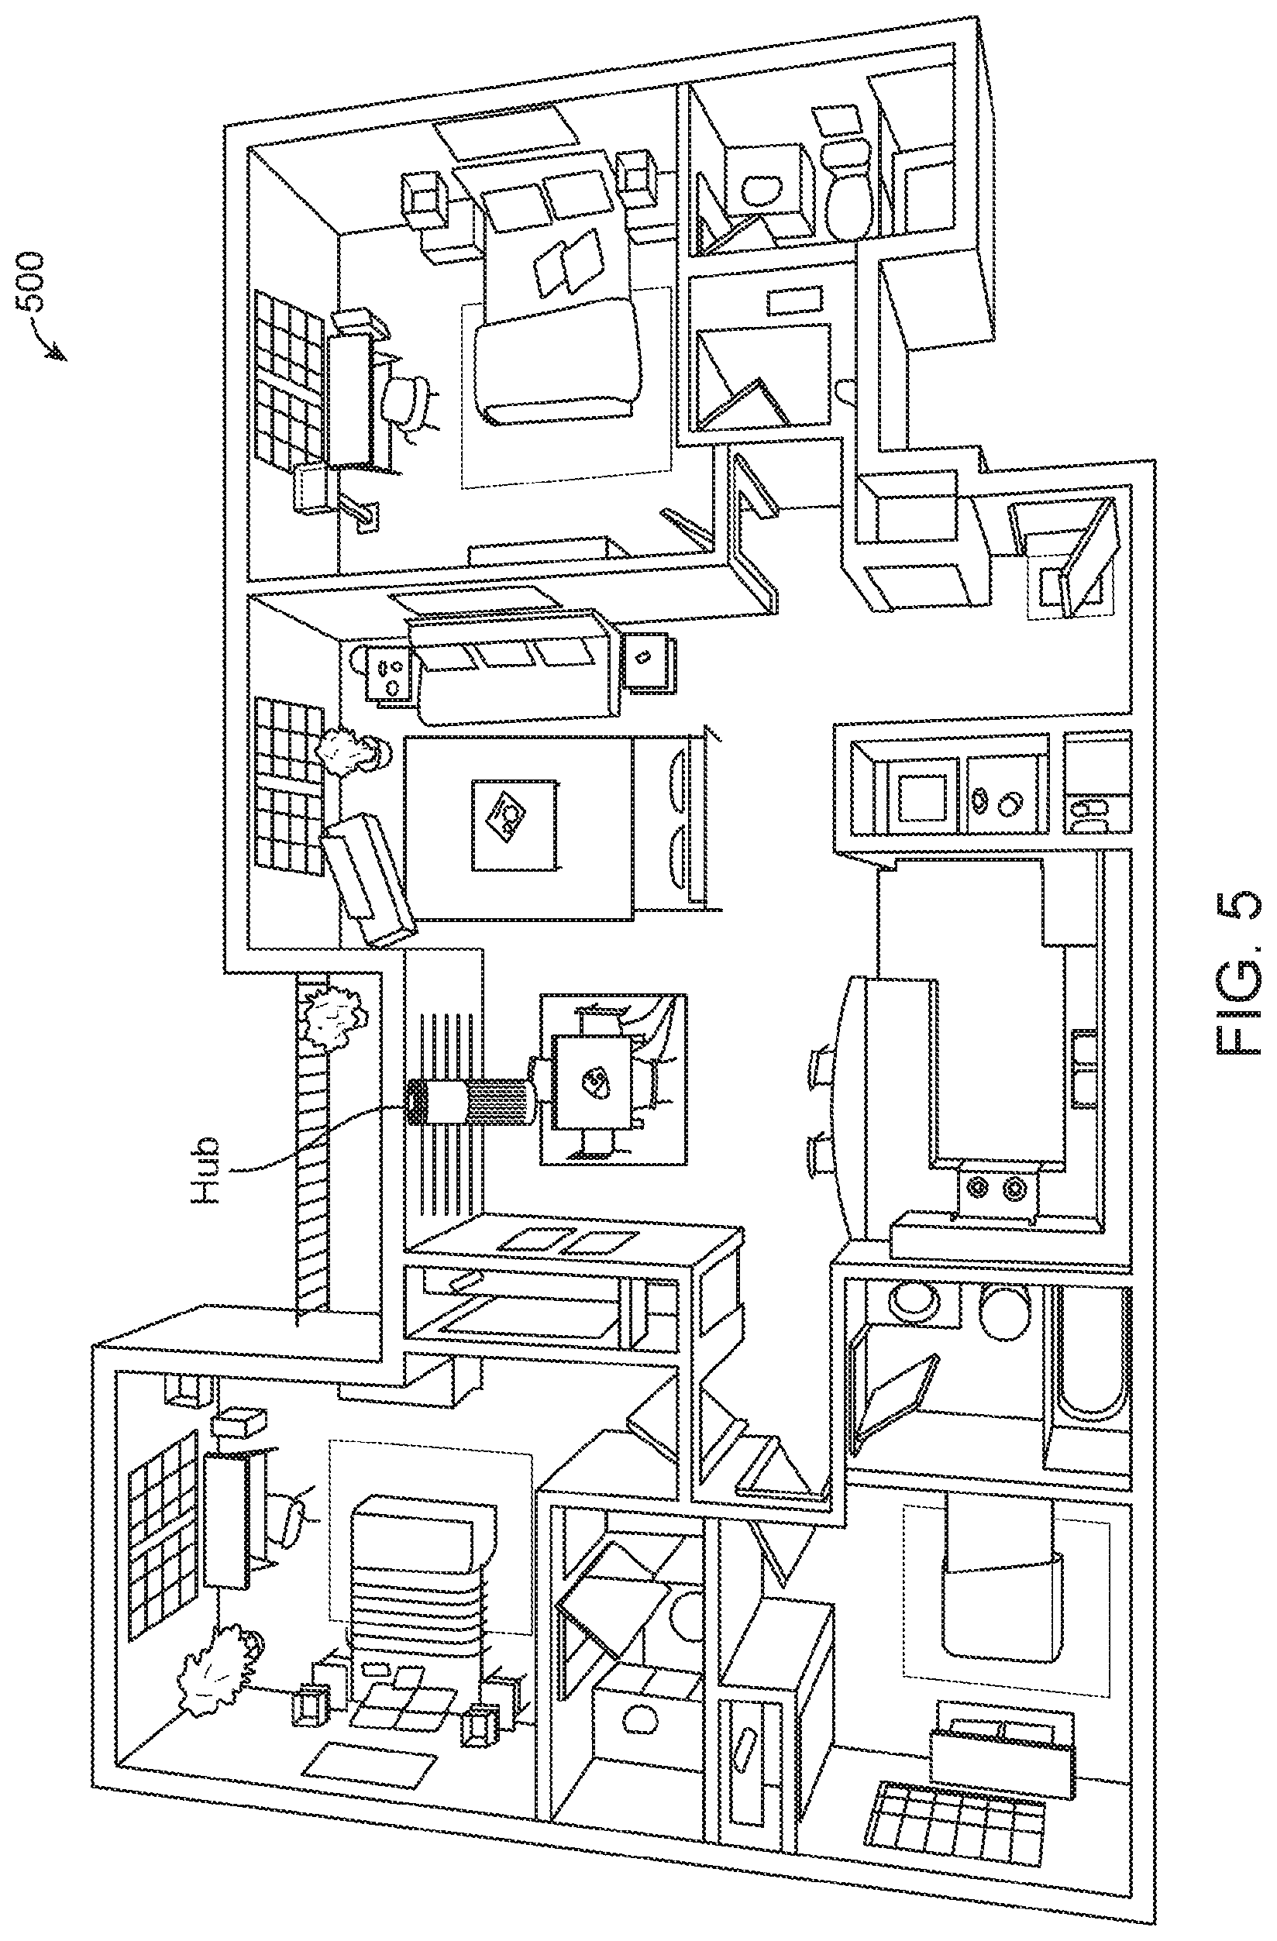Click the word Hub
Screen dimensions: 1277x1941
coord(205,1170)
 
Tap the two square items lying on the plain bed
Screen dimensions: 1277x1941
coord(571,260)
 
